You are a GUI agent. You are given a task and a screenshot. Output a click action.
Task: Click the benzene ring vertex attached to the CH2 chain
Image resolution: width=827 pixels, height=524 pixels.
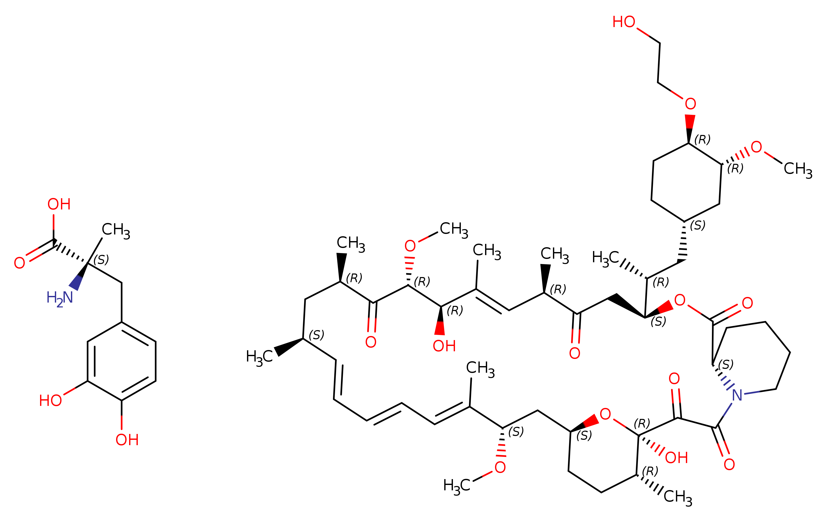tap(121, 322)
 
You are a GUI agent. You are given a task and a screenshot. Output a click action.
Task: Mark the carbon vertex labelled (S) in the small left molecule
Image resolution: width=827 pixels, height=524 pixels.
tap(88, 263)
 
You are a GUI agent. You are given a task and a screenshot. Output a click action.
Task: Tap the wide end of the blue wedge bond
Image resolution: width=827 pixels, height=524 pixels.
tap(73, 288)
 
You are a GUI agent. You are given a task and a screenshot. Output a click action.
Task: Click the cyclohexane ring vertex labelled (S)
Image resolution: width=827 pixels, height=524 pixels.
tap(684, 221)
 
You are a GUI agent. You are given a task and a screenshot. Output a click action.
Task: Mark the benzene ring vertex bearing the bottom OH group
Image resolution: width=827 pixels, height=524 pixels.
tap(121, 400)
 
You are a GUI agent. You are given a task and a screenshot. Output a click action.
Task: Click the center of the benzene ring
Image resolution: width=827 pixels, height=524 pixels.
tap(121, 361)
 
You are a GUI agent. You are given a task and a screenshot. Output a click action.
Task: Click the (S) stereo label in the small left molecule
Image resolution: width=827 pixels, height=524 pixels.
tap(101, 260)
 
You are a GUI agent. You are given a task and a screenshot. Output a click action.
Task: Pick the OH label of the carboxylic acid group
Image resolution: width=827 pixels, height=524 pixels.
tap(59, 204)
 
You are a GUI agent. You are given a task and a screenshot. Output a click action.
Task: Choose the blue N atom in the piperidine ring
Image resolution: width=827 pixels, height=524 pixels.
tap(737, 395)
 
